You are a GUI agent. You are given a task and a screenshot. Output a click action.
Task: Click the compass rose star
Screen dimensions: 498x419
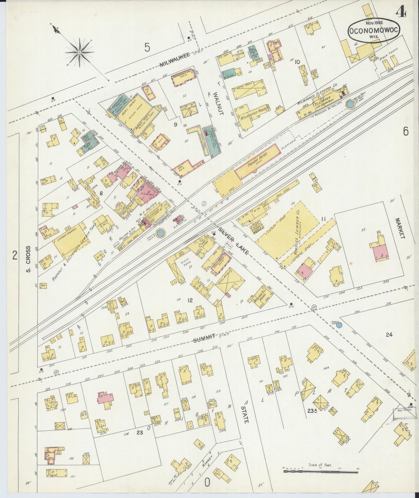pyautogui.click(x=79, y=52)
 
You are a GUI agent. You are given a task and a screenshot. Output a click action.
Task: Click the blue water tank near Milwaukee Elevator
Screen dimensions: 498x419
pyautogui.click(x=350, y=104)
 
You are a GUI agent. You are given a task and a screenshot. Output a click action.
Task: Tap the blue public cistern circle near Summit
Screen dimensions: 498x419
pyautogui.click(x=339, y=325)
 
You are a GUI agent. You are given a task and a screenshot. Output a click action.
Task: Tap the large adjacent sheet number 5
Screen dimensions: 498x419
pyautogui.click(x=148, y=47)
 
